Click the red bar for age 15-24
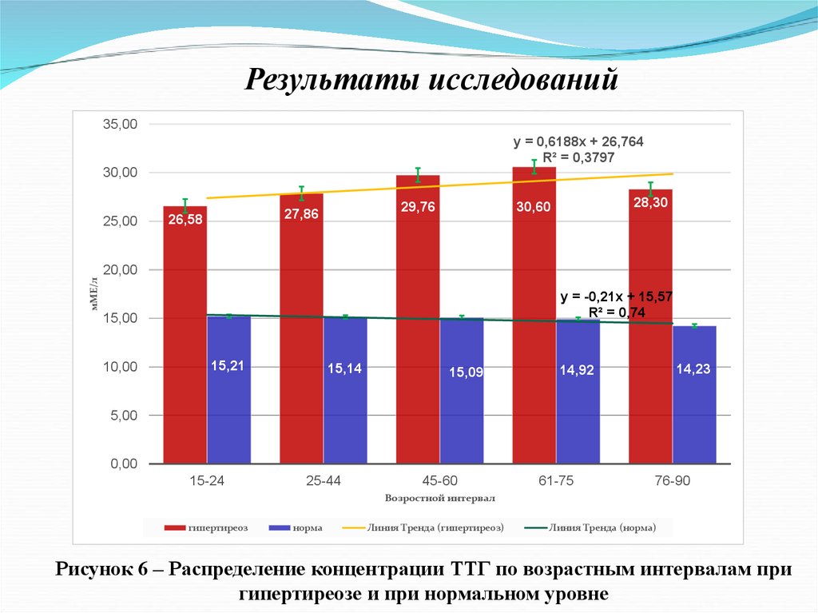pos(185,336)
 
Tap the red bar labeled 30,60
pos(534,320)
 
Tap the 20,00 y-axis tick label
pos(121,270)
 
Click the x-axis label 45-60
pos(439,481)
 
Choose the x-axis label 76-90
pos(672,481)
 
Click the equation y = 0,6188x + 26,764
pos(578,141)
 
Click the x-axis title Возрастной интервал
pos(439,497)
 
